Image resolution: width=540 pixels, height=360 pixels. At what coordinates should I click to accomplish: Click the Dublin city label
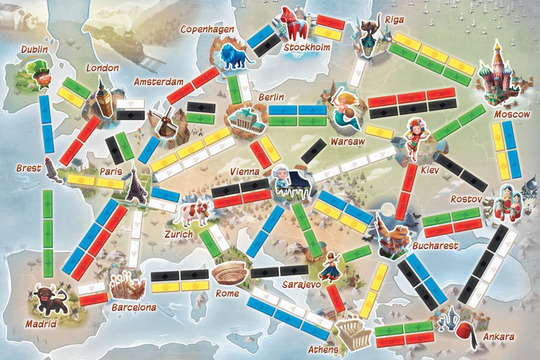(34, 49)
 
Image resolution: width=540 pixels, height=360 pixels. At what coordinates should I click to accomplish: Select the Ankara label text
(500, 336)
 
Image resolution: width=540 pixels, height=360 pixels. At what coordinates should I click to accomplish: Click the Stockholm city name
(306, 48)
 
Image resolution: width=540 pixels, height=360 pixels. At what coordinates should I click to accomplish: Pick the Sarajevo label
(300, 285)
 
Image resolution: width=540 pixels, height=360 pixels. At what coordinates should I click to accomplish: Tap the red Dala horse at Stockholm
(292, 24)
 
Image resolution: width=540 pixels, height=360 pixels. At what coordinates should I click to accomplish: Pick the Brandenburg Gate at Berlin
(242, 122)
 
